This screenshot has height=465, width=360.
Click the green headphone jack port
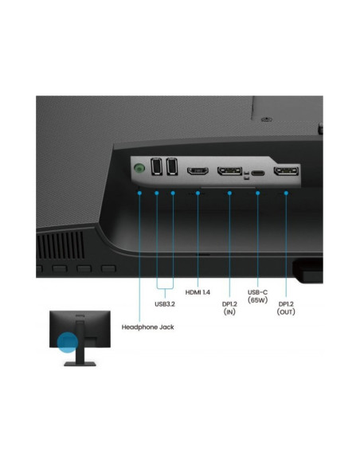point(139,169)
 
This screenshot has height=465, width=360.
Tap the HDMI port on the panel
point(198,171)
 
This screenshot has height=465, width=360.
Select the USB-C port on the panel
point(258,173)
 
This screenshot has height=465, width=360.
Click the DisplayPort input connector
point(230,171)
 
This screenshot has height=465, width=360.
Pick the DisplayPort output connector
point(286,171)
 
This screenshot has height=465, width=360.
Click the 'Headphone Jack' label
point(147,327)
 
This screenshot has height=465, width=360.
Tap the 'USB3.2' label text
point(165,304)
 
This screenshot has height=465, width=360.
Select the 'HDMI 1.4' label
point(198,292)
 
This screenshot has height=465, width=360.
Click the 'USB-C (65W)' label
point(258,296)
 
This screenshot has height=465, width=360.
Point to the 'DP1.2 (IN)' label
point(229,308)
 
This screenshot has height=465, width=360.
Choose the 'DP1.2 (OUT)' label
point(286,308)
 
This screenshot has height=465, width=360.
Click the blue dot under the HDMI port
point(198,193)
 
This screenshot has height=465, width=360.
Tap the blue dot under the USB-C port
point(258,193)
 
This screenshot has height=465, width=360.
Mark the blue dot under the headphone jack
point(139,193)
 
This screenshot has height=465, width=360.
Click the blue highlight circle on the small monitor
point(68,342)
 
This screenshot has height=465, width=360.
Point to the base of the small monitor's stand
point(80,364)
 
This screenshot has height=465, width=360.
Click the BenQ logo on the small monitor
point(80,315)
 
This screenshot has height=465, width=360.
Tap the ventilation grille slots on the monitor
point(61,245)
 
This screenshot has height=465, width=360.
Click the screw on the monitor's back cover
point(266,119)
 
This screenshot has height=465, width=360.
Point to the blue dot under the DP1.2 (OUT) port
point(286,193)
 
